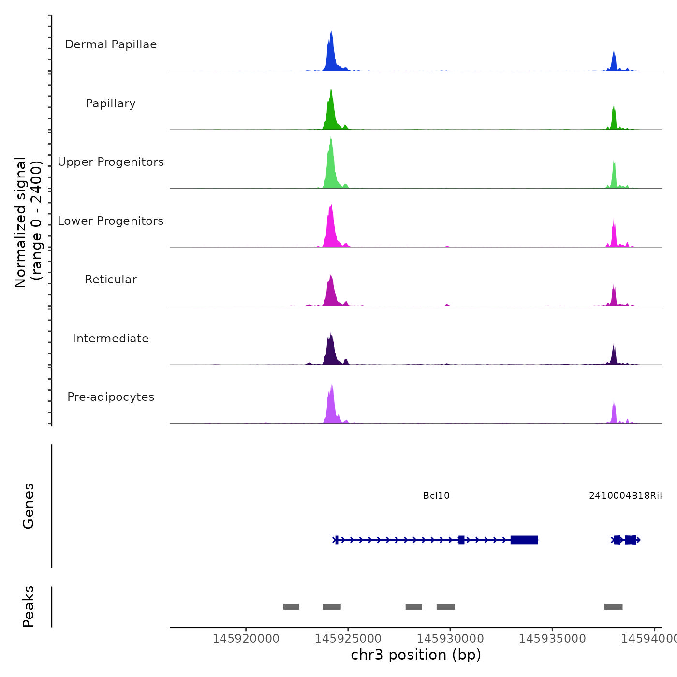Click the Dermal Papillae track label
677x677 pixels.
point(111,44)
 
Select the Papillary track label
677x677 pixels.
point(111,103)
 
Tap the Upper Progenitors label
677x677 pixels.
point(111,162)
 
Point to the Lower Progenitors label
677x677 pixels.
point(111,221)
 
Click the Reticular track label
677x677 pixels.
point(111,280)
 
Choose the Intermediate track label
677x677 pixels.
point(111,338)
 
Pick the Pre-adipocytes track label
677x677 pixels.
point(111,397)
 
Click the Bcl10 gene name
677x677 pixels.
point(436,496)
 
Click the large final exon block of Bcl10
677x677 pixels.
point(524,540)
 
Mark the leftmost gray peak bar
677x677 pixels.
point(291,607)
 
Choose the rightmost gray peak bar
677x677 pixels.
point(613,607)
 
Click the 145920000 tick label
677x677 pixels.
point(246,639)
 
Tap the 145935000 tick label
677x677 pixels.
point(552,639)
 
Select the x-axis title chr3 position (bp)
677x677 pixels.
point(416,655)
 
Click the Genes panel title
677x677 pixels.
point(29,506)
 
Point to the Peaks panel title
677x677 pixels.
point(29,606)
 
